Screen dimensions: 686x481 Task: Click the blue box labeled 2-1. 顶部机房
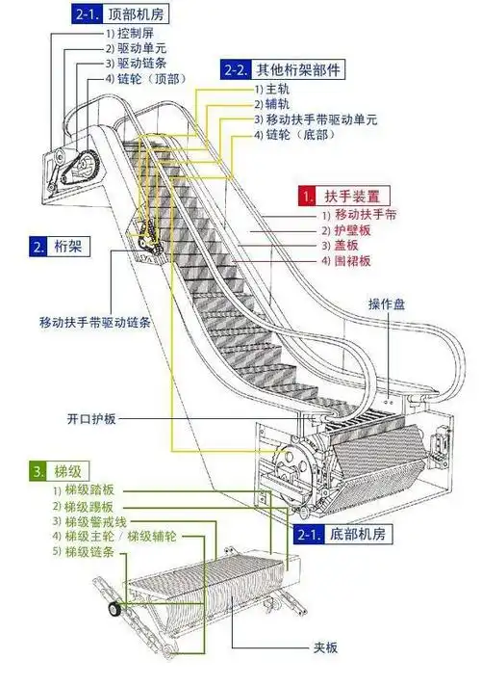coord(113,13)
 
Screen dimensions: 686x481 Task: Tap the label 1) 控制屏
coord(129,32)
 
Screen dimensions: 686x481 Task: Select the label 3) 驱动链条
coord(134,63)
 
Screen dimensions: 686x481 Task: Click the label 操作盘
coord(387,304)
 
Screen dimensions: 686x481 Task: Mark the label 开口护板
coord(91,419)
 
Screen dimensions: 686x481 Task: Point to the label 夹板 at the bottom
coord(324,647)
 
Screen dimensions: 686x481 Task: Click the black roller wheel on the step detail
coord(115,609)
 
